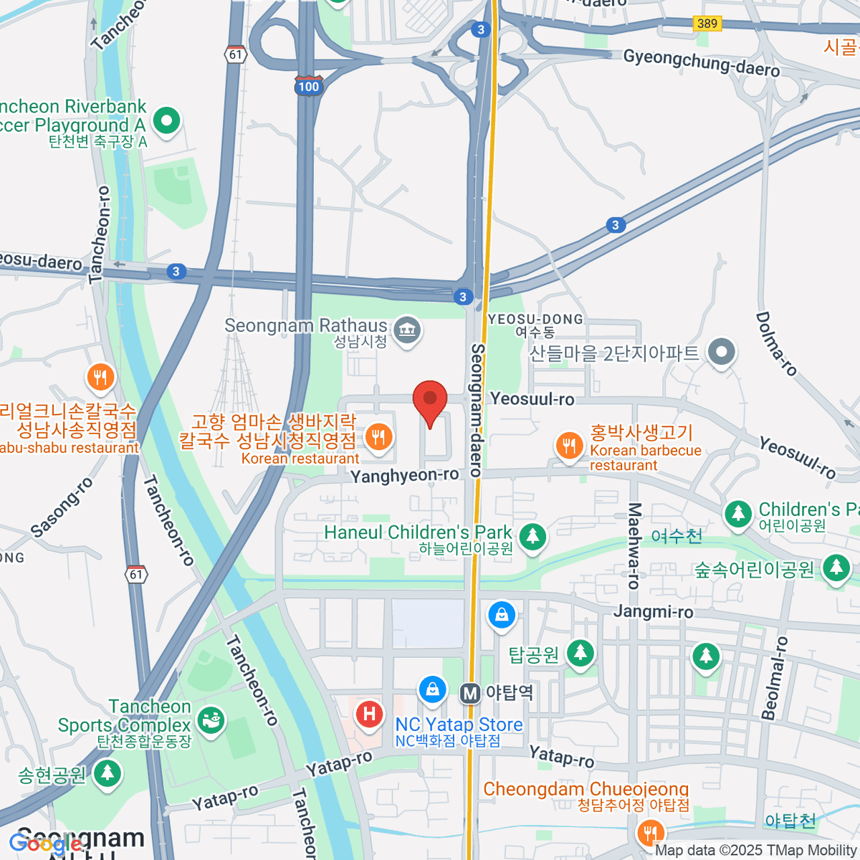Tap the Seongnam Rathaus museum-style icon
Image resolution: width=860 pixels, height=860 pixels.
(x=407, y=330)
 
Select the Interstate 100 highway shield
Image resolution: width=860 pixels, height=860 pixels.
(x=308, y=85)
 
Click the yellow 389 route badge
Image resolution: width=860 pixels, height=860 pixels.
(x=707, y=24)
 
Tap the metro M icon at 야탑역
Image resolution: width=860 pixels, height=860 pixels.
(x=470, y=693)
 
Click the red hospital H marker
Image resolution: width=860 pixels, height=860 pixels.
(x=370, y=714)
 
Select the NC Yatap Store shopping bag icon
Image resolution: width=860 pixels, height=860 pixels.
(x=432, y=690)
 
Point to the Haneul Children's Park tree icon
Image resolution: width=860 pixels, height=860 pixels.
(x=532, y=537)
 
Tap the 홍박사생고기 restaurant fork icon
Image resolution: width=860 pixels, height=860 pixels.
(x=569, y=445)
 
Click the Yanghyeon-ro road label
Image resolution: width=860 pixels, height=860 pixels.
(x=404, y=475)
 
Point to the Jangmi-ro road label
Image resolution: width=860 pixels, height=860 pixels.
(x=653, y=611)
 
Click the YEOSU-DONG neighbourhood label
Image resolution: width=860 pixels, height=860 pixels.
(x=535, y=320)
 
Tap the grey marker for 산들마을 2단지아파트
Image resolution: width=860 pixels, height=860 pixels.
(x=721, y=352)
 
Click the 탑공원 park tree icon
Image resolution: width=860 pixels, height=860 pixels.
(x=580, y=653)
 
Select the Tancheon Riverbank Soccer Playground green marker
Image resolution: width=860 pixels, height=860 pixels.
(x=166, y=120)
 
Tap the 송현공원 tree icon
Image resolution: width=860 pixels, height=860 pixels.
(x=107, y=773)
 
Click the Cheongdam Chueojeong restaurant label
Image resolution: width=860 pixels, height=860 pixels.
(x=586, y=789)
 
